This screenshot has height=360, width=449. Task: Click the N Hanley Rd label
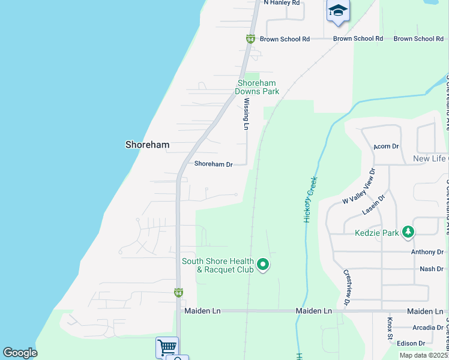282,3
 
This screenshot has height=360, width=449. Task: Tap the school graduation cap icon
338,11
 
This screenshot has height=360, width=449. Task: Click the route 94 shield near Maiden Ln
178,293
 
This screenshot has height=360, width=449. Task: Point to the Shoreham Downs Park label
258,88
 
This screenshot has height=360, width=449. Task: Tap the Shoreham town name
147,145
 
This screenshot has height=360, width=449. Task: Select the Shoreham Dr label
212,164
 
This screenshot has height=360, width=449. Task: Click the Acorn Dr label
385,146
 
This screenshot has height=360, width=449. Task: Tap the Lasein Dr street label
373,205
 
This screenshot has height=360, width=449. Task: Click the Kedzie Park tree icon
408,231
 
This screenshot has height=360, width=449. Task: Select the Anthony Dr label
427,253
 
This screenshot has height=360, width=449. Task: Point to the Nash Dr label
432,269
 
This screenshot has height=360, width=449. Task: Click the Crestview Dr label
347,287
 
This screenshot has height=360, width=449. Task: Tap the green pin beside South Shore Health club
262,263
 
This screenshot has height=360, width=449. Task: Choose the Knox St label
390,329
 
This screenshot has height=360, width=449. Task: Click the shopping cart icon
166,347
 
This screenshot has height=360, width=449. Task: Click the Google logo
20,353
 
